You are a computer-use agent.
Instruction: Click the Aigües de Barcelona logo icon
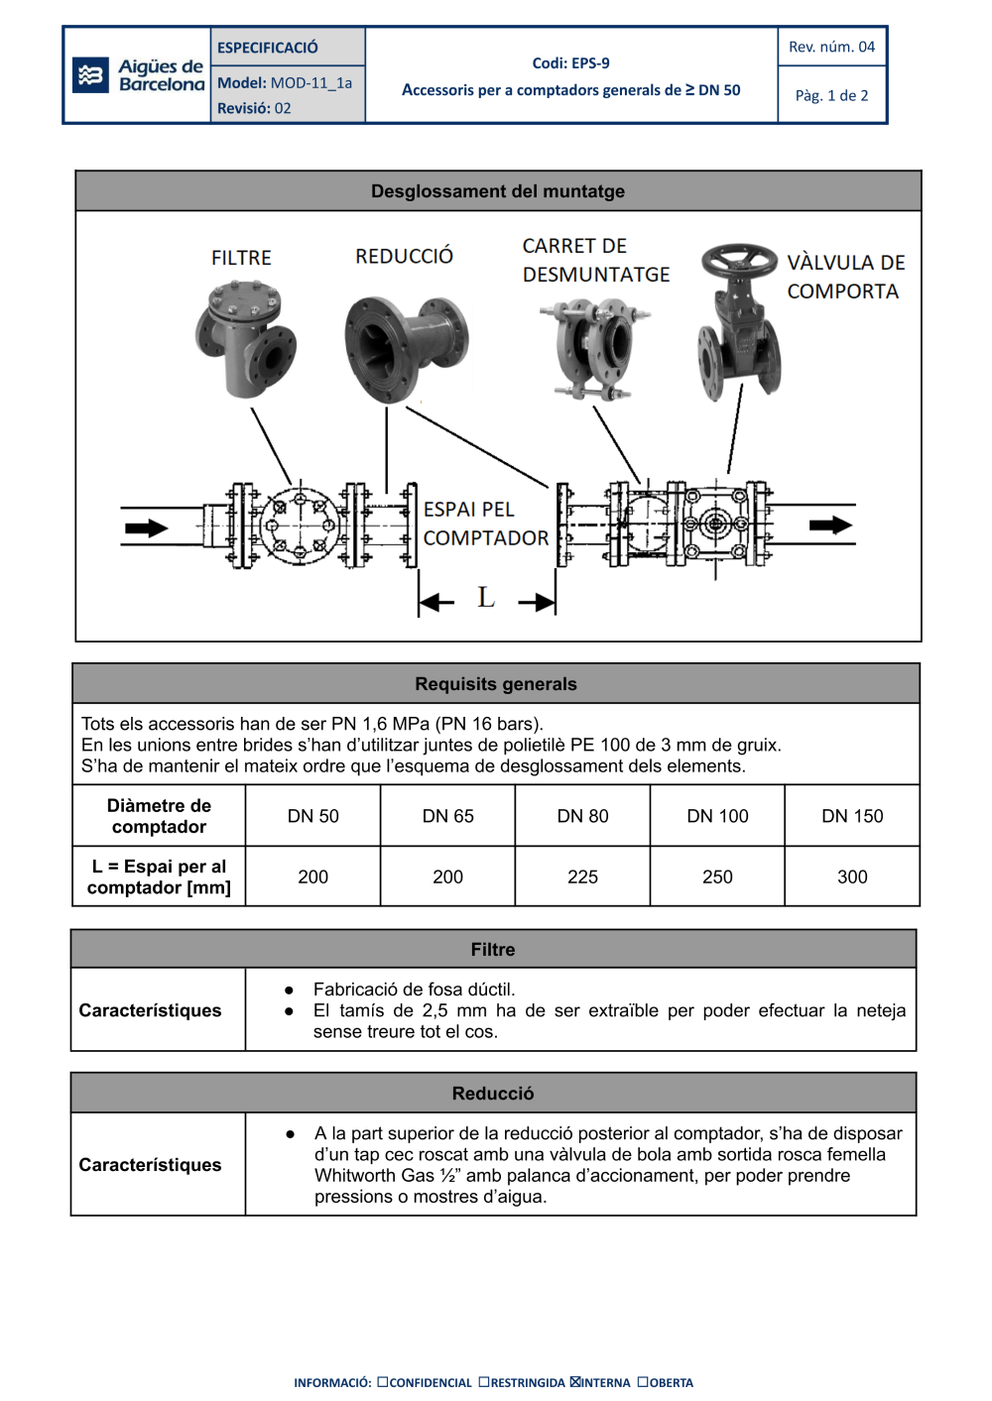click(x=91, y=75)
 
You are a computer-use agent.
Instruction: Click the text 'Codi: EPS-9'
click(x=570, y=63)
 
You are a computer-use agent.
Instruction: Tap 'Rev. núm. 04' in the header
click(x=831, y=47)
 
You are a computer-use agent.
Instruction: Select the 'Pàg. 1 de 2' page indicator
click(x=831, y=95)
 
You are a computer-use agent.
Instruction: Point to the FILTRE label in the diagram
click(x=241, y=258)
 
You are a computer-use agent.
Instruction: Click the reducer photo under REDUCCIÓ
click(x=406, y=347)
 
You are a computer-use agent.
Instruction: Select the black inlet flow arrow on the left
click(x=146, y=528)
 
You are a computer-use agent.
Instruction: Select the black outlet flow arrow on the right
click(x=830, y=525)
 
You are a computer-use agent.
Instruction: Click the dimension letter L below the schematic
click(x=486, y=597)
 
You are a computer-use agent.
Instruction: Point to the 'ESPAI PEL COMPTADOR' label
click(x=485, y=524)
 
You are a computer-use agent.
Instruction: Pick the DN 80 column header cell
click(x=582, y=816)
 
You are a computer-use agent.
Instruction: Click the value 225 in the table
click(x=582, y=876)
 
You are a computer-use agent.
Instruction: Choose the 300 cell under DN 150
click(x=852, y=876)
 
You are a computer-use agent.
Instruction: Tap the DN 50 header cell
click(x=312, y=816)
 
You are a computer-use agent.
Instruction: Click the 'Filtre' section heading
click(x=493, y=950)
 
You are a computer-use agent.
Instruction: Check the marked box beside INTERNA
click(x=575, y=1382)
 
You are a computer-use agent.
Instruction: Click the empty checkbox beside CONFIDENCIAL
click(x=383, y=1382)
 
